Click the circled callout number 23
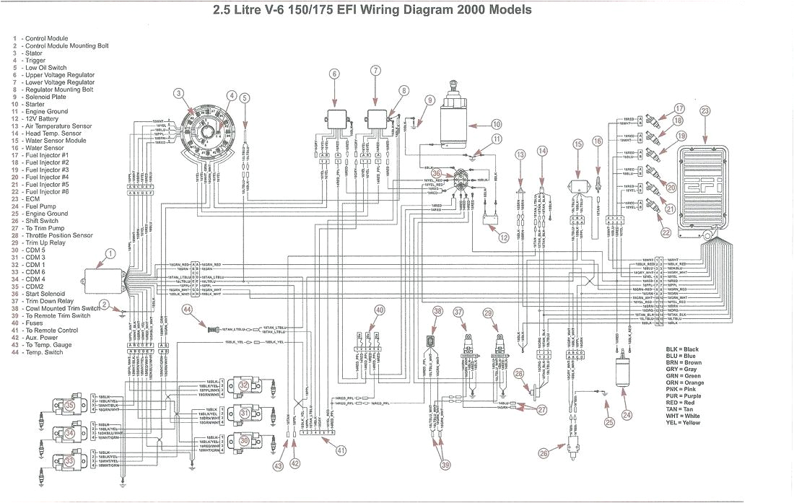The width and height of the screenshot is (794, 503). click(704, 110)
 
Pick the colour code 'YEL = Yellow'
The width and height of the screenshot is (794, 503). click(683, 422)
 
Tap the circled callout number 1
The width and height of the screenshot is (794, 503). click(109, 253)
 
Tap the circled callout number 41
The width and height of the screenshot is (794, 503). click(341, 452)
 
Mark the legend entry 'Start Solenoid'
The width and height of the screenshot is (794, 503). click(45, 294)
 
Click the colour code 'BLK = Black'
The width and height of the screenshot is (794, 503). click(682, 349)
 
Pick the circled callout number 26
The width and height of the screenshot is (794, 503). click(543, 452)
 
